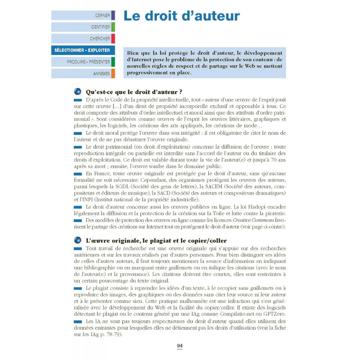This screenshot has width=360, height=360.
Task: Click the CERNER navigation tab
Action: click(x=83, y=15)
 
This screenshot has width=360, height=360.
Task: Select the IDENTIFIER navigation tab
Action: click(x=83, y=27)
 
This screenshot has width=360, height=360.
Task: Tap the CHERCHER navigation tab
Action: click(x=83, y=39)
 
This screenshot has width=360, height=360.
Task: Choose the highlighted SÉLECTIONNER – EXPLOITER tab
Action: click(x=83, y=50)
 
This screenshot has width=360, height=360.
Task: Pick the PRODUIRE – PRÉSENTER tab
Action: click(x=83, y=62)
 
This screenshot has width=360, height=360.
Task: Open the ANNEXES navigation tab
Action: click(x=83, y=74)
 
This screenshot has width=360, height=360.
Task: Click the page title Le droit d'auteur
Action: click(x=181, y=16)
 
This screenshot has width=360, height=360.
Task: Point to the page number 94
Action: click(x=180, y=345)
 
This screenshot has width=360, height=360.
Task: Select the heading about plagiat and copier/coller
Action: click(x=156, y=241)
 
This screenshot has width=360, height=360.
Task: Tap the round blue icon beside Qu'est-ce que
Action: click(x=77, y=91)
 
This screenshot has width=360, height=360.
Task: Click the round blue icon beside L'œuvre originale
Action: click(x=77, y=241)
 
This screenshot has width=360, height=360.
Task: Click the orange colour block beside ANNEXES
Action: click(x=113, y=74)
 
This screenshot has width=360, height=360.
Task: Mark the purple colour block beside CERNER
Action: click(x=113, y=15)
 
